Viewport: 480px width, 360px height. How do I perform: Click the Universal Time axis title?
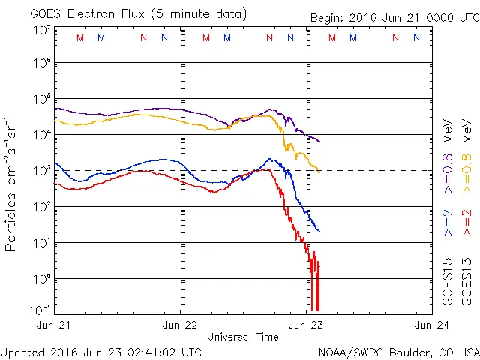pos(243,337)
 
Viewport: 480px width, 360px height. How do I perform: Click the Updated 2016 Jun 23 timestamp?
pos(101,351)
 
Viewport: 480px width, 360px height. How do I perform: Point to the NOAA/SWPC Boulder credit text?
pos(398,351)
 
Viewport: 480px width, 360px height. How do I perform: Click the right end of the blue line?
pos(319,231)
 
